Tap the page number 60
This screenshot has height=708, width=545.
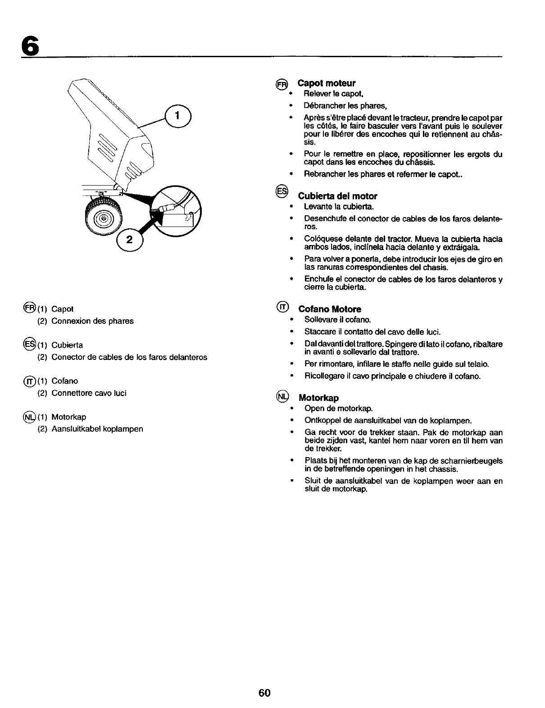(x=264, y=692)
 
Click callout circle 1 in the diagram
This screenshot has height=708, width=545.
(x=178, y=116)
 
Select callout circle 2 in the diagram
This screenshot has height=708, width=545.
(x=130, y=240)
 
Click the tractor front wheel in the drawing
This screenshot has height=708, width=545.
(x=104, y=219)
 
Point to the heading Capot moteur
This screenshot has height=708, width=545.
(x=327, y=83)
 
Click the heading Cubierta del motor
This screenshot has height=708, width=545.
(x=337, y=196)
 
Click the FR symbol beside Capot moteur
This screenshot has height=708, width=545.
(x=281, y=84)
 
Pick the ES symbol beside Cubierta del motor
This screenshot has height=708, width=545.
(x=281, y=191)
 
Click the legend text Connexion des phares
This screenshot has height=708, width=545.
(x=92, y=321)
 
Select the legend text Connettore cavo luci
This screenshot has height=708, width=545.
(x=89, y=393)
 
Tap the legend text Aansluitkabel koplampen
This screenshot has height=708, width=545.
(x=97, y=429)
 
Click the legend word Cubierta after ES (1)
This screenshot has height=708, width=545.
(x=67, y=345)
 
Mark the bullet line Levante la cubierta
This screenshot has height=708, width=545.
(x=339, y=207)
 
